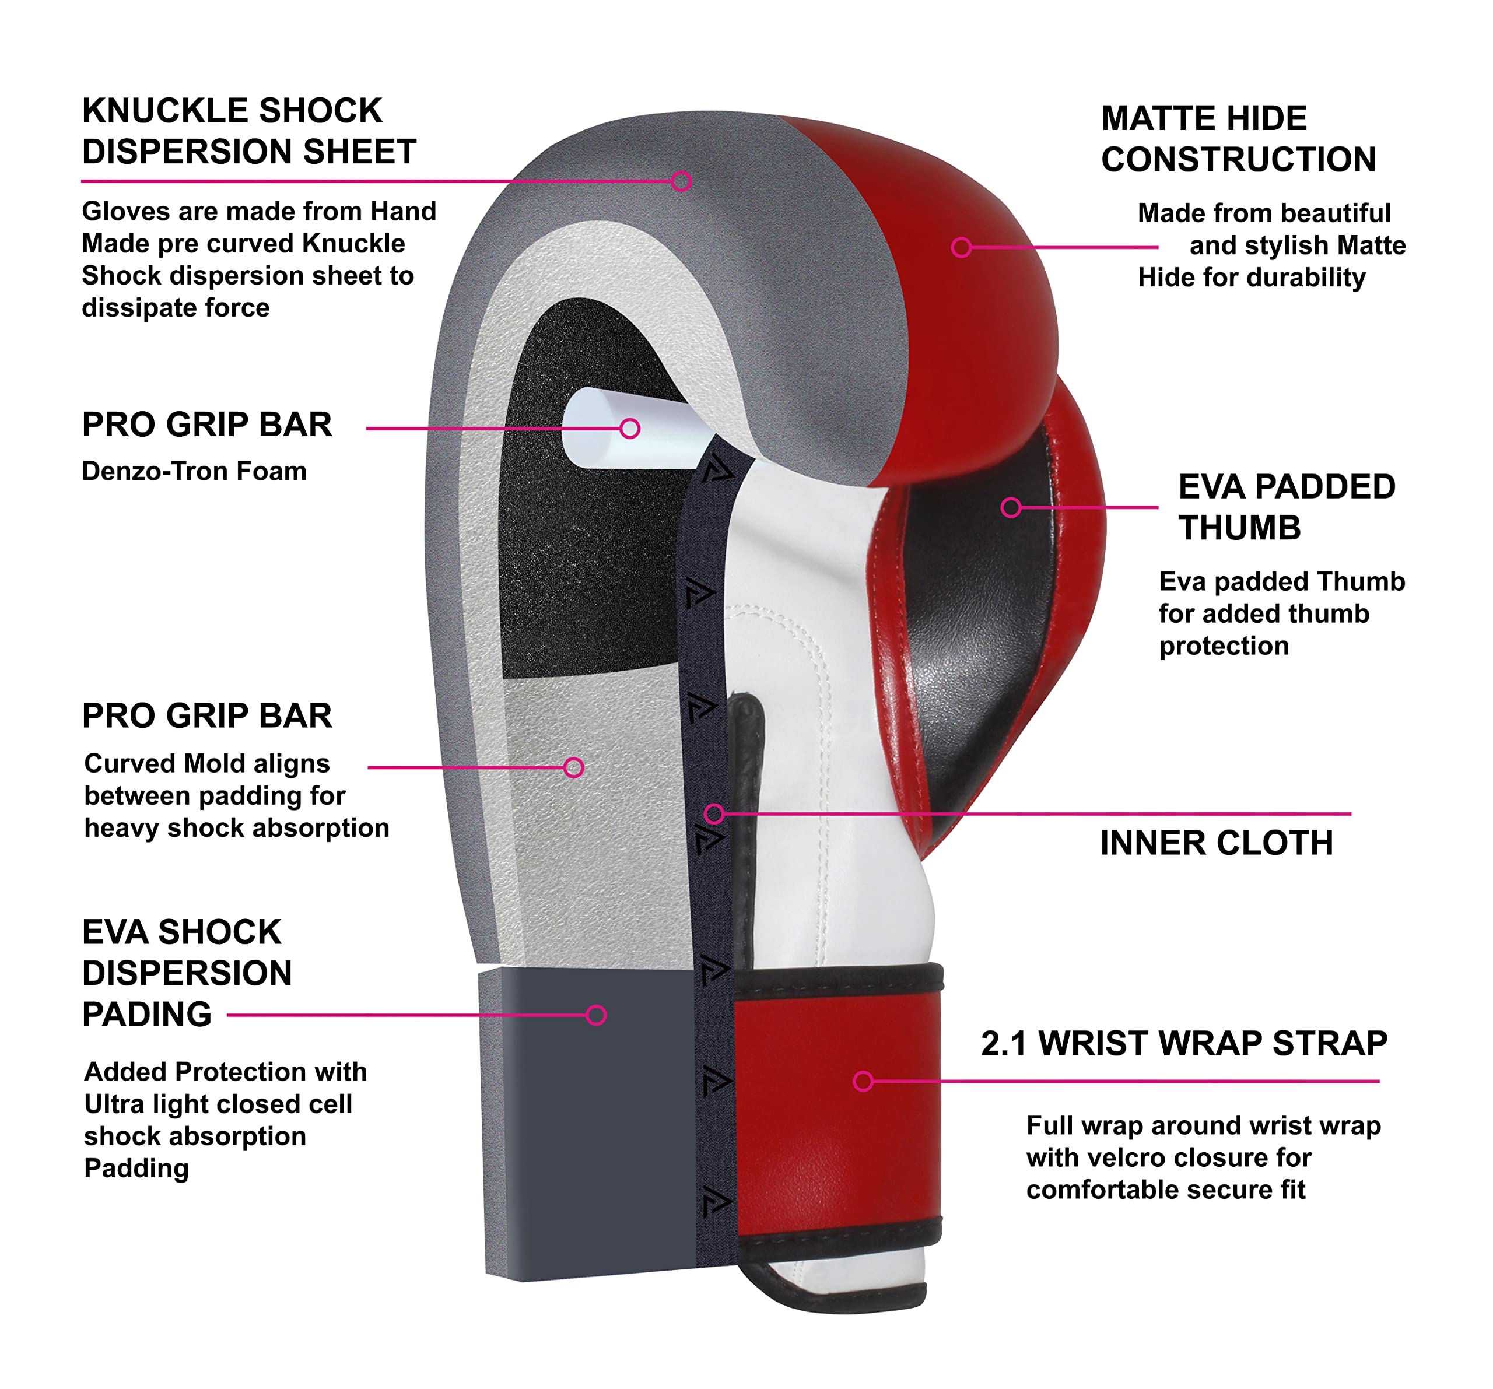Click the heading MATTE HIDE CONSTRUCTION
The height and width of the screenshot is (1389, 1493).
point(1238,139)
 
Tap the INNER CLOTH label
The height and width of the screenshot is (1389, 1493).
point(1216,843)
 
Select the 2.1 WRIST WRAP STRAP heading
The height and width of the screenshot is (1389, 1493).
point(1183,1043)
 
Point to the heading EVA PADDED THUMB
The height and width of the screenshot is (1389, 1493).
point(1286,507)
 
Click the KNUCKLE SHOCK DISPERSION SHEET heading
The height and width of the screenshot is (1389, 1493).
point(248,131)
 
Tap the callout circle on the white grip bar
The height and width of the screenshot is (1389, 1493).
point(629,429)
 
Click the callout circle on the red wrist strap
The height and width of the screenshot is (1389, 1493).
point(863,1081)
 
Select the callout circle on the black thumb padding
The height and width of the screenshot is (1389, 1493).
point(1011,507)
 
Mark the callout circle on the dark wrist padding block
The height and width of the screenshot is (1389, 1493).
point(596,1015)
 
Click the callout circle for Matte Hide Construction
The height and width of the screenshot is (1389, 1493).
point(961,247)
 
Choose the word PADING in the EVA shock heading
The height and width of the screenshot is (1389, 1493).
point(146,1015)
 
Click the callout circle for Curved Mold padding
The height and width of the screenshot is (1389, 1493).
point(574,767)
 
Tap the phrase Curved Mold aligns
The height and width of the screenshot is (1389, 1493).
point(206,763)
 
